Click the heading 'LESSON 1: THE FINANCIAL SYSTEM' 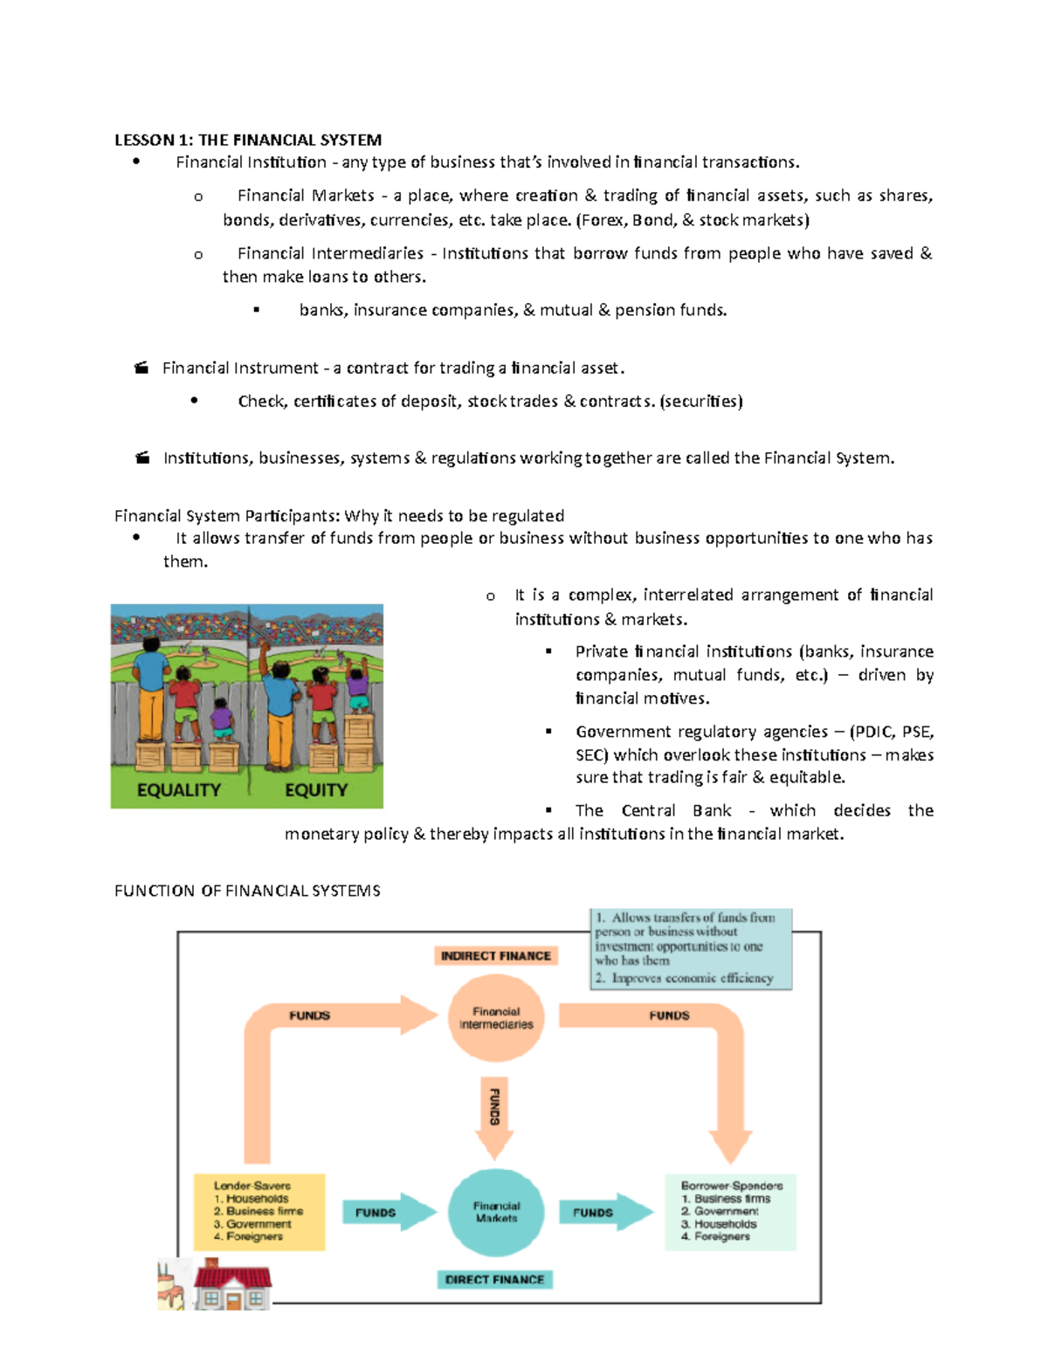[x=248, y=140]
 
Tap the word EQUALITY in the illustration [x=179, y=790]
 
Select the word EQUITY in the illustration [x=316, y=790]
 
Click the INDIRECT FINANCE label [x=496, y=956]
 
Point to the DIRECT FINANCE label [x=494, y=1279]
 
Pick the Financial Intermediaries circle [x=496, y=1018]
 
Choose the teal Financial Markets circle [x=496, y=1212]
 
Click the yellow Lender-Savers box [x=259, y=1212]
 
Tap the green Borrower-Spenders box [x=730, y=1212]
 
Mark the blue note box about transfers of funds [x=691, y=948]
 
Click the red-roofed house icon [x=232, y=1285]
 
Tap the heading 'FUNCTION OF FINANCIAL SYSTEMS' [x=247, y=891]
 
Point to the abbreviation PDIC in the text [x=872, y=732]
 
